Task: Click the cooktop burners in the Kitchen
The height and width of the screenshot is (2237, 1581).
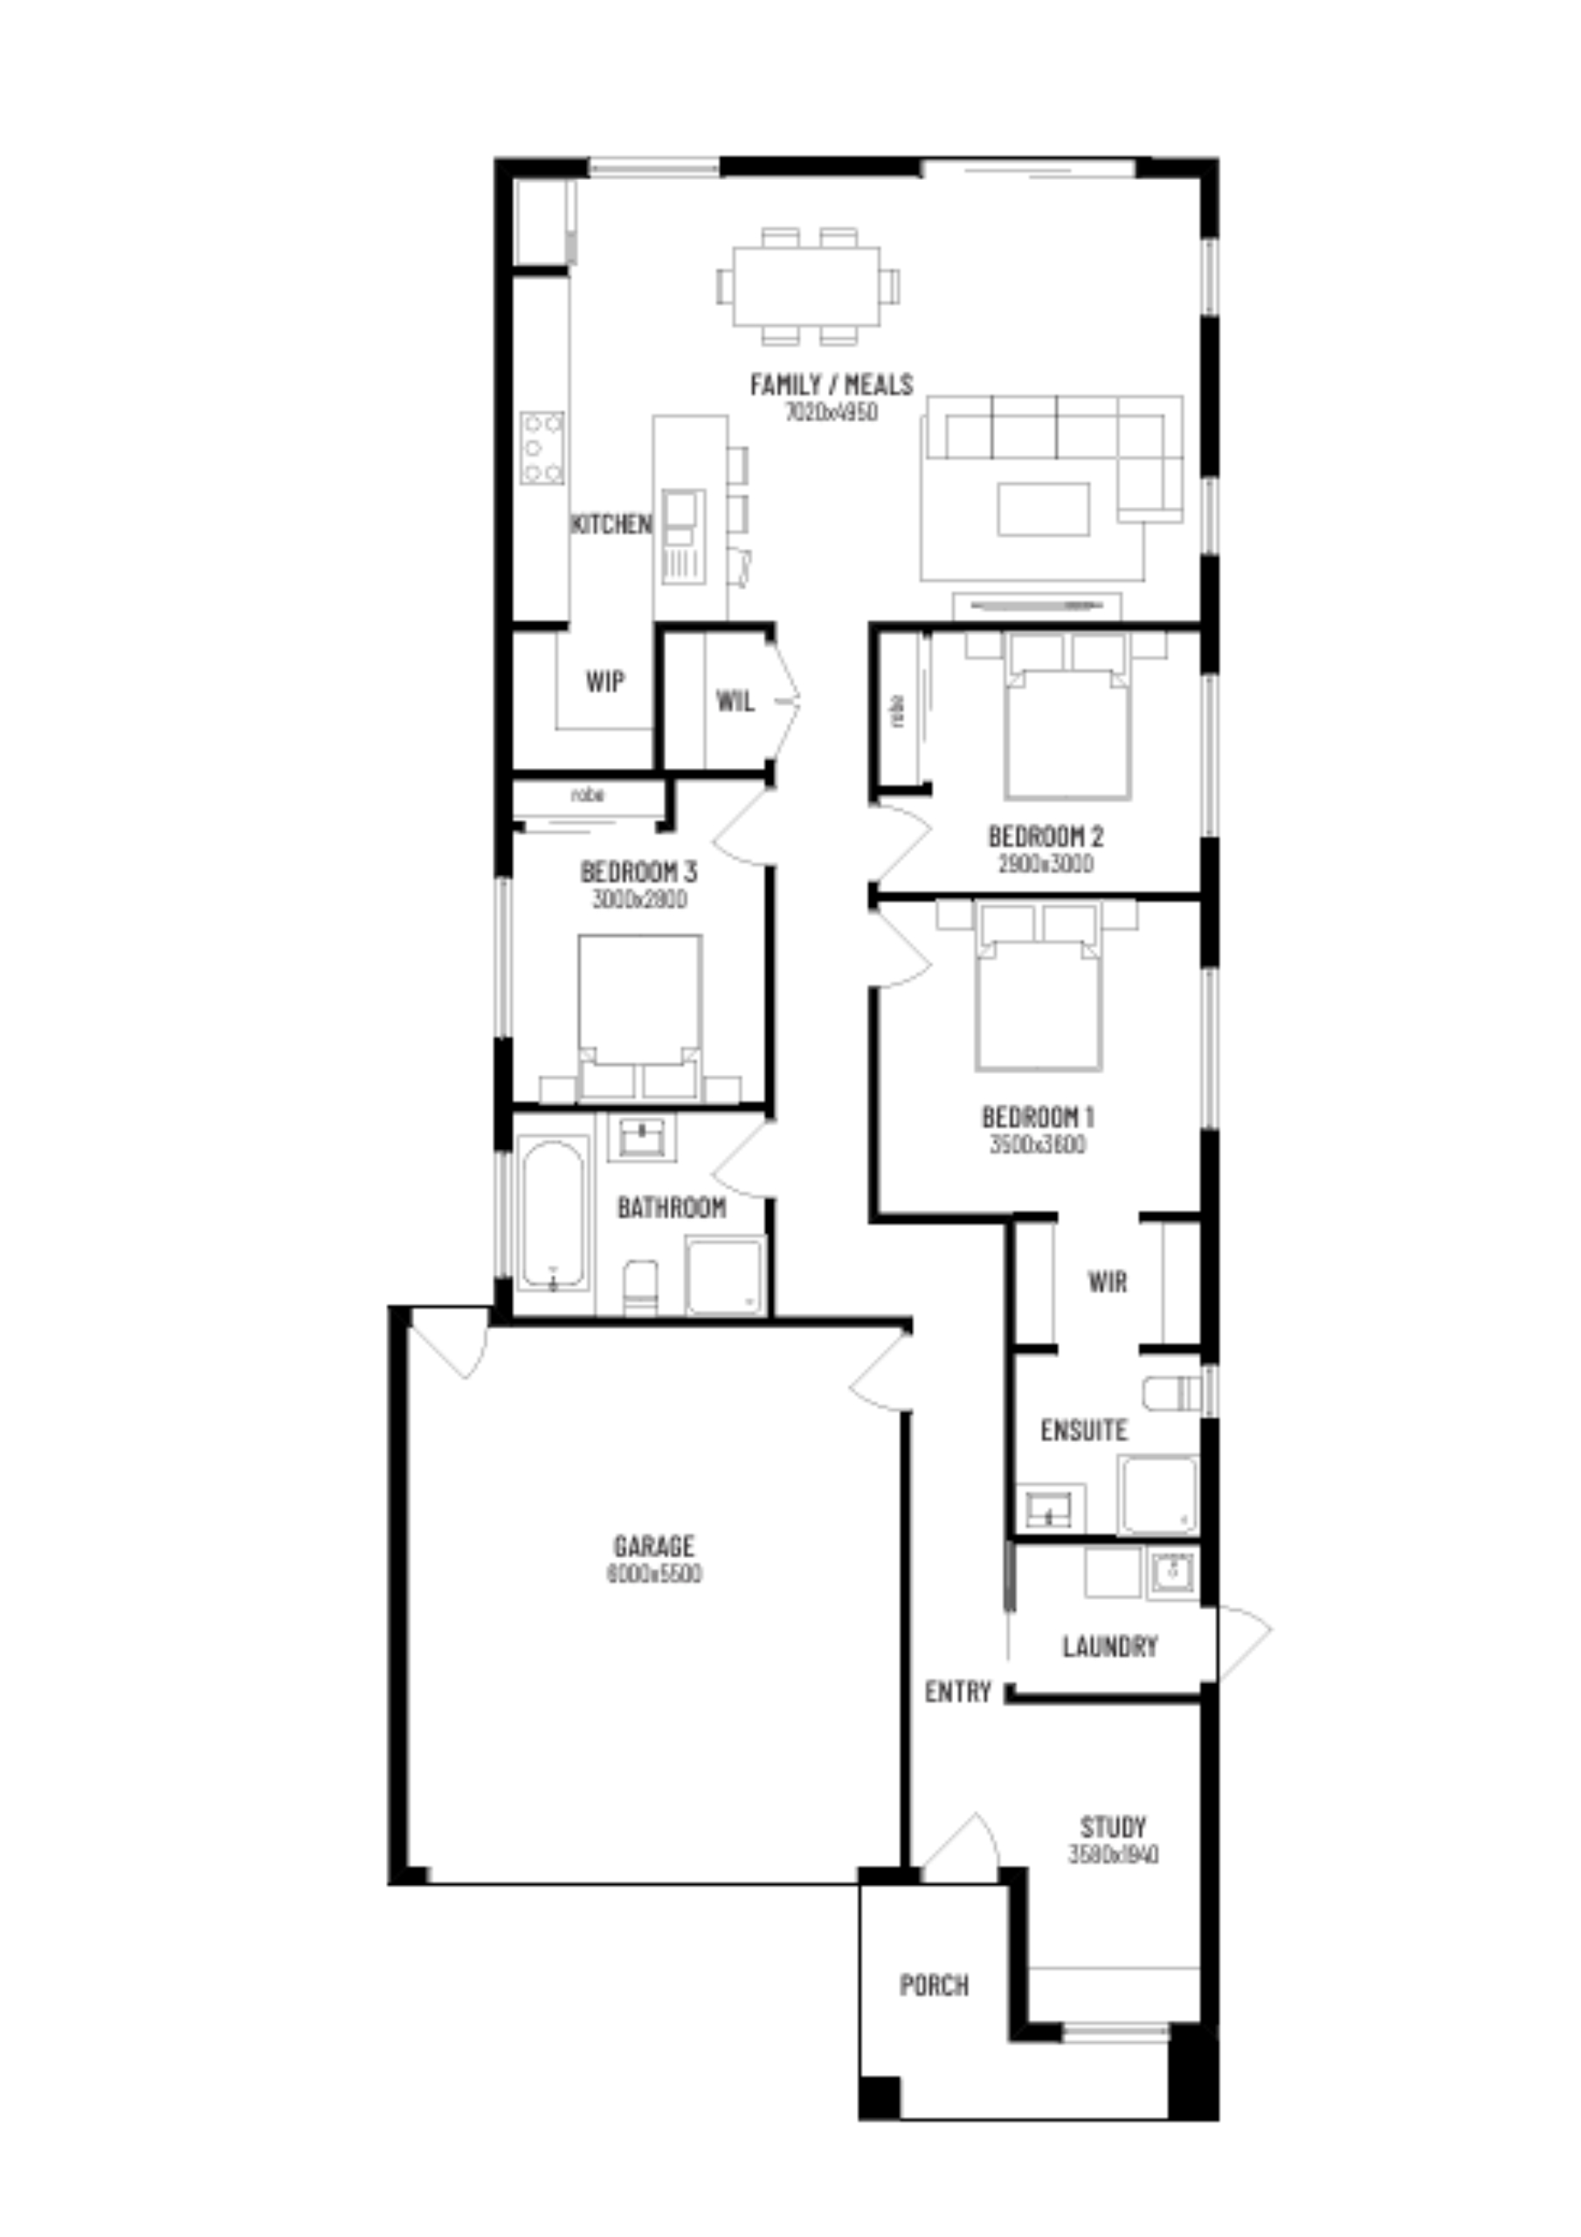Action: [x=542, y=448]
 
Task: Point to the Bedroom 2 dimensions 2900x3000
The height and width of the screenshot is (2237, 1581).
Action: [x=1045, y=864]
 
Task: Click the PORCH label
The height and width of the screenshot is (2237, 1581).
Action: [x=933, y=1984]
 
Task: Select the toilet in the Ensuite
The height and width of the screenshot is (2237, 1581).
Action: [x=1173, y=1395]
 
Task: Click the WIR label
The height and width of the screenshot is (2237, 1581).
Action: [x=1108, y=1281]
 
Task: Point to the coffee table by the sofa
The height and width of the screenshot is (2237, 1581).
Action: [x=1042, y=509]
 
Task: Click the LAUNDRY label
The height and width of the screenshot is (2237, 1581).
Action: [x=1109, y=1646]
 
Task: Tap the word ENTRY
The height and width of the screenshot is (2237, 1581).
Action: [x=957, y=1692]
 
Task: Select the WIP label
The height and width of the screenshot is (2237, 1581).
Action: [x=605, y=681]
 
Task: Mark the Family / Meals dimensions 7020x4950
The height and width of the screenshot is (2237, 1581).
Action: [x=831, y=412]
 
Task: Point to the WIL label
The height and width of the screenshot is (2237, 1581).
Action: [x=735, y=701]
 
